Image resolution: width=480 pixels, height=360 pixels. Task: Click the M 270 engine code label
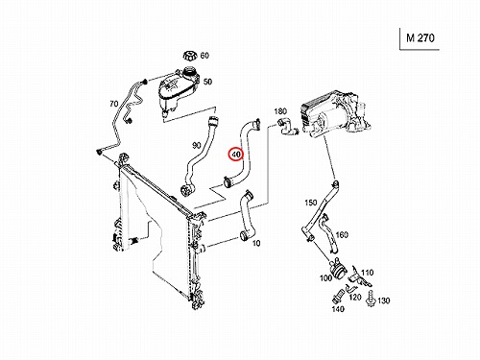pos(420,38)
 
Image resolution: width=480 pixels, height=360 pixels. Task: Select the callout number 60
pos(204,56)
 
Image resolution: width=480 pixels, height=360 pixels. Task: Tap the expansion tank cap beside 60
pos(189,56)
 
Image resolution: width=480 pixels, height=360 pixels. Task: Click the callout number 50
pos(207,82)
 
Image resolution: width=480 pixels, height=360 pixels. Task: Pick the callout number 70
pos(114,104)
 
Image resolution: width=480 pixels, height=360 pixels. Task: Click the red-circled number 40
pos(236,155)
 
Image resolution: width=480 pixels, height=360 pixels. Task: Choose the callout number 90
pos(197,145)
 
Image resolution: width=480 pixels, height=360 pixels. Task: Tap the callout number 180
pos(280,111)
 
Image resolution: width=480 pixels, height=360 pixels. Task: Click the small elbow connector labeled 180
pos(287,127)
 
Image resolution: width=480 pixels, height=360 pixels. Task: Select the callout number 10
pos(256,243)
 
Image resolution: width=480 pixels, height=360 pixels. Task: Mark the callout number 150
pos(311,203)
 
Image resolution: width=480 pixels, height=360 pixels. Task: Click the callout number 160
pos(342,235)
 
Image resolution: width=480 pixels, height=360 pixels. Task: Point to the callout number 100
pos(326,277)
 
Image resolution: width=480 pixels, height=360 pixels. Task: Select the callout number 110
pos(368,273)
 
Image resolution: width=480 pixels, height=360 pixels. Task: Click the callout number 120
pos(355,298)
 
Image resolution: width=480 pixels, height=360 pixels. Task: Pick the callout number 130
pos(384,300)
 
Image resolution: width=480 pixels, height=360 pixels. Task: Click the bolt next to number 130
pos(371,299)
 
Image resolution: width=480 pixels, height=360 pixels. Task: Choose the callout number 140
pos(338,309)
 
